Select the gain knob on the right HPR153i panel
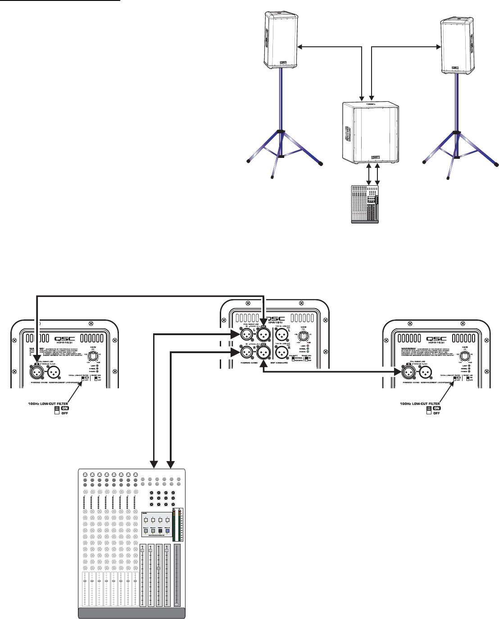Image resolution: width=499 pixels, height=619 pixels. [x=464, y=356]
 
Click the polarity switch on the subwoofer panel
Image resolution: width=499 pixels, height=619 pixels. [x=293, y=361]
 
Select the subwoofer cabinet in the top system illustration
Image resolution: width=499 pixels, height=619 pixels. [x=369, y=134]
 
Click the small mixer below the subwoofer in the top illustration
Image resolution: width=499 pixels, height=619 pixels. [x=365, y=204]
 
